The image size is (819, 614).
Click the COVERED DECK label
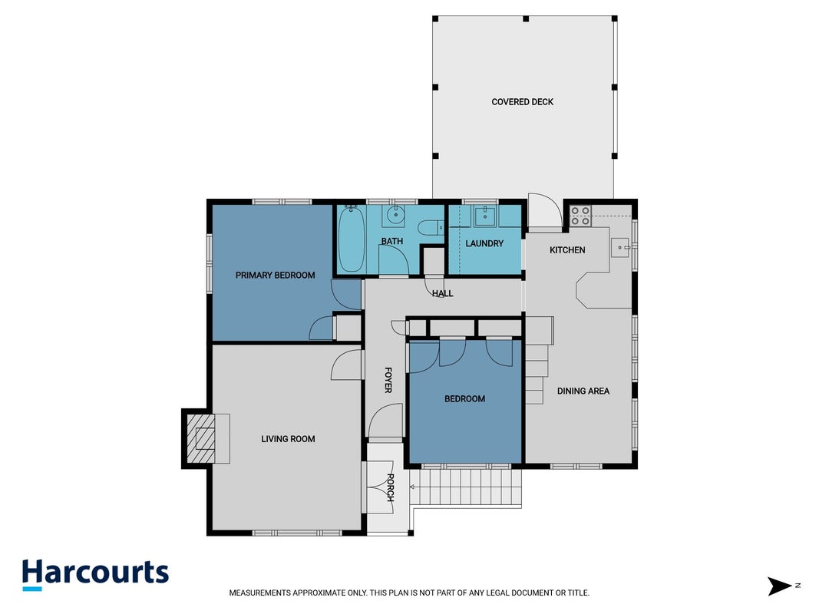tap(522, 102)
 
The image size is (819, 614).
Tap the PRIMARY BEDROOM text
tap(276, 276)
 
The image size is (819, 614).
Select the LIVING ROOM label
tap(288, 439)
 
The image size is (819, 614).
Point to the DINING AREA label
tap(583, 391)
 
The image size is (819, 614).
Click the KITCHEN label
tap(567, 250)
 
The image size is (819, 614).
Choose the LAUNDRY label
tap(484, 243)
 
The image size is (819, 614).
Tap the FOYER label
tap(388, 380)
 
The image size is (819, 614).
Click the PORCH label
tap(390, 487)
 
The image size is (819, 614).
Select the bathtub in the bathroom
tap(352, 239)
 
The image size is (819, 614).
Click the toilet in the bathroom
tap(431, 228)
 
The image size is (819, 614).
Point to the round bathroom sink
tap(396, 214)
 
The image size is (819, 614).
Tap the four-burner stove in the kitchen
tap(580, 216)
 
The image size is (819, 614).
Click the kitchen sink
tap(620, 247)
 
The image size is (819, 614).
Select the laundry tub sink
tap(485, 215)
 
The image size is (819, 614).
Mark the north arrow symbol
tap(781, 586)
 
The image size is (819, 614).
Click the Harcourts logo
tap(96, 574)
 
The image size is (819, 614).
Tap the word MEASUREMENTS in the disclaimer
tap(259, 593)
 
